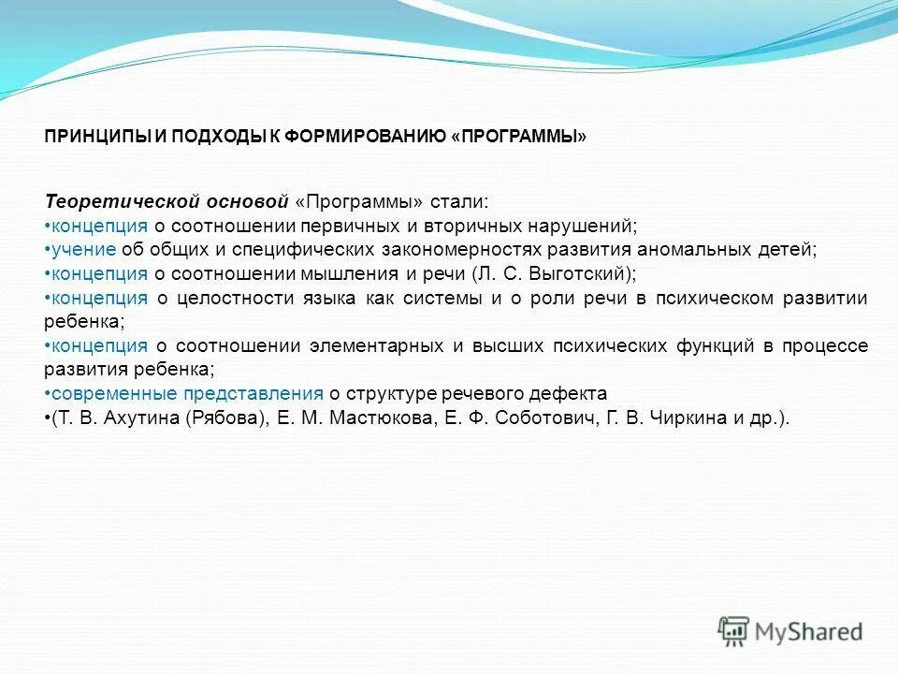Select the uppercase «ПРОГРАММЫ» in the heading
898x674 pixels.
[519, 137]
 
